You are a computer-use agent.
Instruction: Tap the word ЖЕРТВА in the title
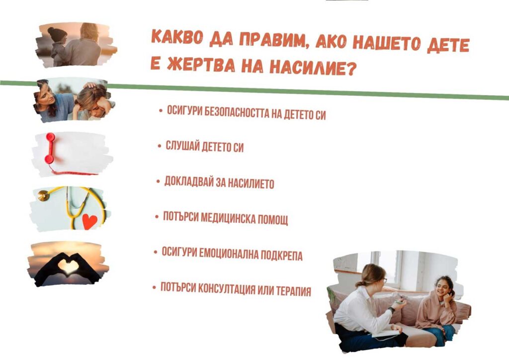[201, 65]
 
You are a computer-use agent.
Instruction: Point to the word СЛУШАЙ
[182, 146]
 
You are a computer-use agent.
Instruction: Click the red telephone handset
[50, 148]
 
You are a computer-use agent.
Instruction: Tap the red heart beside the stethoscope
[89, 221]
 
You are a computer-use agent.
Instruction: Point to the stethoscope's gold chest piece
[43, 196]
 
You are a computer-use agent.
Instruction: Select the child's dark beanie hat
[57, 34]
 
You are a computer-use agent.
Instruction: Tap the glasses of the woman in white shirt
[384, 280]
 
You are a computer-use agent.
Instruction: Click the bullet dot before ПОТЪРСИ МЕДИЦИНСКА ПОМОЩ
[157, 216]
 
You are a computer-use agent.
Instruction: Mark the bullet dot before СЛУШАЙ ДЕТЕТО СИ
[160, 146]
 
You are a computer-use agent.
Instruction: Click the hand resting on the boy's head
[89, 86]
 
